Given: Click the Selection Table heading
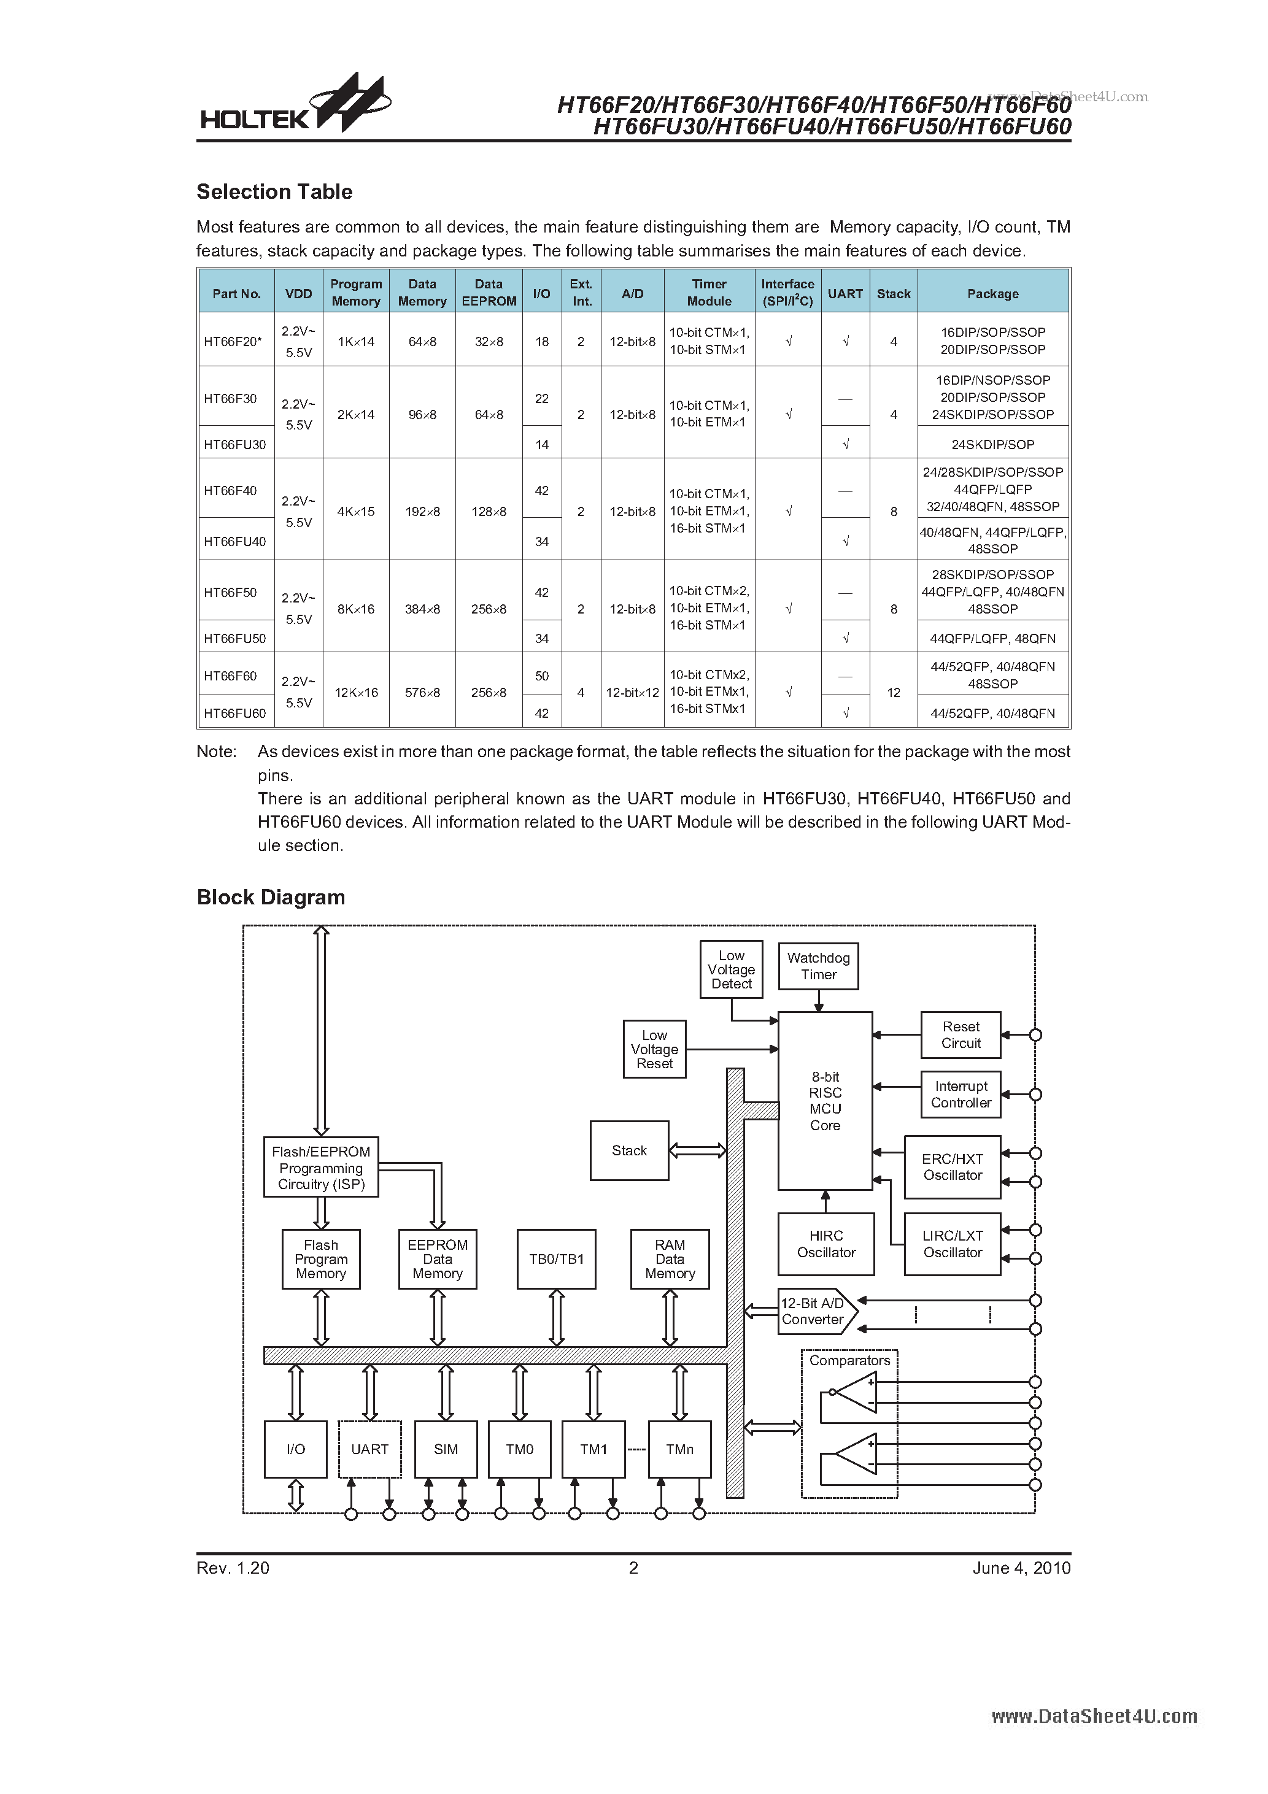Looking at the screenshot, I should point(274,191).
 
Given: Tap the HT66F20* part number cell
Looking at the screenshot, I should point(233,342).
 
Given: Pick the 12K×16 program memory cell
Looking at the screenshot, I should point(356,692).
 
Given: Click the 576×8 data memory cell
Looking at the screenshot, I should point(422,692).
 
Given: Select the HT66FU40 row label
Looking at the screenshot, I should point(234,542).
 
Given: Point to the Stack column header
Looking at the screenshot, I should point(894,294).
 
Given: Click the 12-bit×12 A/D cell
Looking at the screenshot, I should point(632,692).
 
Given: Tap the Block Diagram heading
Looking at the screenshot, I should point(271,897).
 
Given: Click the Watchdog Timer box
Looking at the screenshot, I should point(819,966).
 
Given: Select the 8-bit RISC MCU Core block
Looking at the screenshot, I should point(825,1101).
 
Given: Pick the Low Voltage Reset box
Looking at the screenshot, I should point(654,1049).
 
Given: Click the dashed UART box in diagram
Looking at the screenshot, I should point(369,1449).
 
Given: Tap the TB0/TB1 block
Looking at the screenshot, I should point(556,1260).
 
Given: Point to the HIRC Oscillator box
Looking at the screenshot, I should point(825,1244).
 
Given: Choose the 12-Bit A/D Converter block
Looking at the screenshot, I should point(814,1311).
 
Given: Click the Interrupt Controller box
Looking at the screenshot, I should point(961,1095).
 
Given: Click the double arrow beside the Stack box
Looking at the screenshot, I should point(698,1150).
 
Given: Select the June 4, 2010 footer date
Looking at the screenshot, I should point(1021,1568).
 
